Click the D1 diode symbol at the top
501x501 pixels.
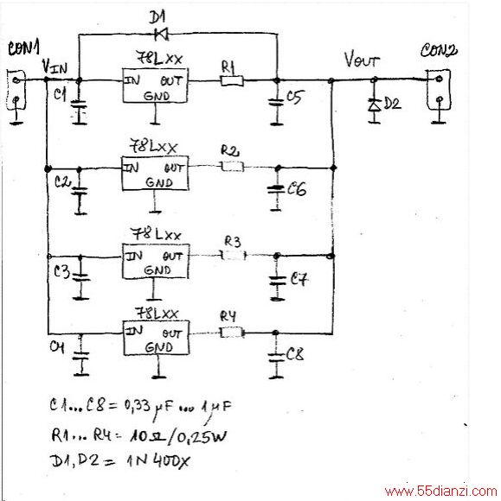162,34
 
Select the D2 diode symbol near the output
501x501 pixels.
374,105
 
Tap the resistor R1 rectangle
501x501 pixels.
232,80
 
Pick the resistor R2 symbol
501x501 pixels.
232,167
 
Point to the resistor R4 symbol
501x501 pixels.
232,333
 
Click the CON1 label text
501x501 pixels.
23,48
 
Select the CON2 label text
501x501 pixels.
439,51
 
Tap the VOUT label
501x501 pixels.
362,60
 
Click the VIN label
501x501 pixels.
55,67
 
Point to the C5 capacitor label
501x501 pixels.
294,97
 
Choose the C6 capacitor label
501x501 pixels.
297,188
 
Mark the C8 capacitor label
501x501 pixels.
295,354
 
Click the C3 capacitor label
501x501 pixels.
61,271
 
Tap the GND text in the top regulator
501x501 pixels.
157,96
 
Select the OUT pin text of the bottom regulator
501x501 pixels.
172,334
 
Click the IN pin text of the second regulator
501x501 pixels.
132,168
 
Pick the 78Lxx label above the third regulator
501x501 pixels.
157,235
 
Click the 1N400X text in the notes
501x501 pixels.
158,461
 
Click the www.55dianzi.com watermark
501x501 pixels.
441,491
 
